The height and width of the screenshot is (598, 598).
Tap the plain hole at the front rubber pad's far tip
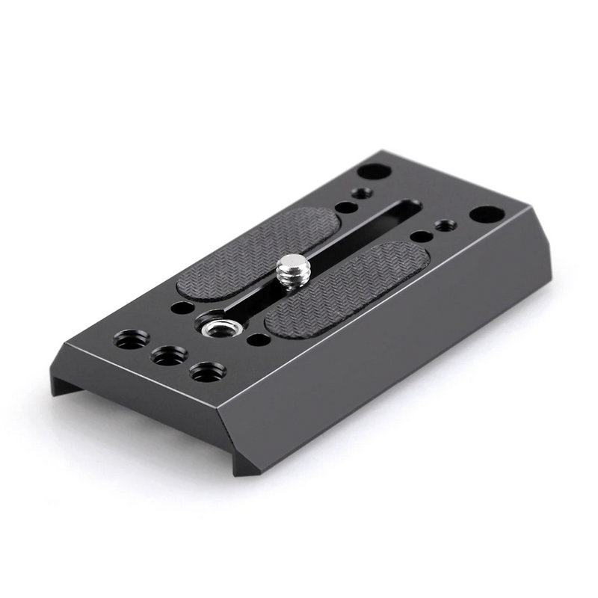point(421,236)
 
